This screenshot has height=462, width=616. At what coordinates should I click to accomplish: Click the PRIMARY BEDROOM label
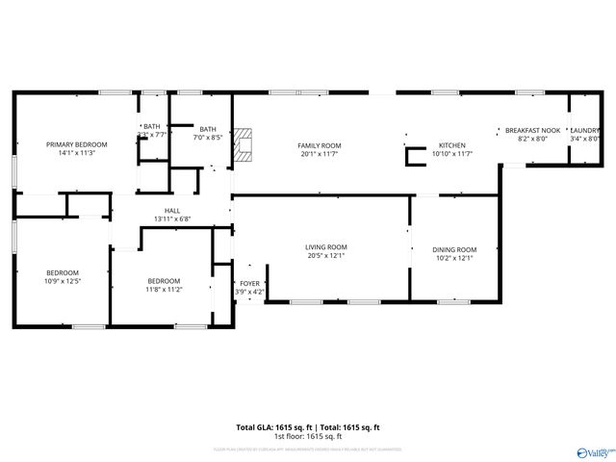(x=77, y=144)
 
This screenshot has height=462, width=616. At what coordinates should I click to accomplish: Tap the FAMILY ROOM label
(x=321, y=145)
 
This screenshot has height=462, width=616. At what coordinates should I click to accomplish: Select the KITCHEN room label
(x=452, y=145)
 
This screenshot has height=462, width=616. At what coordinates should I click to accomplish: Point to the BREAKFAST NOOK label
(x=533, y=130)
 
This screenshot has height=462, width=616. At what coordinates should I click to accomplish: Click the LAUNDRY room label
(x=585, y=130)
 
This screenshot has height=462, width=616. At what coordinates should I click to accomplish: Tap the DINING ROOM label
(x=453, y=249)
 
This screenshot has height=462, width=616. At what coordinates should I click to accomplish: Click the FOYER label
(x=249, y=284)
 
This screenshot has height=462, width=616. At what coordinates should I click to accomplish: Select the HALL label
(x=172, y=211)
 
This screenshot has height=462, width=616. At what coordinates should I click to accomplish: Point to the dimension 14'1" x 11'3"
(x=77, y=152)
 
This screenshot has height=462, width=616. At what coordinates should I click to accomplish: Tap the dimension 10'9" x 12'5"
(x=64, y=281)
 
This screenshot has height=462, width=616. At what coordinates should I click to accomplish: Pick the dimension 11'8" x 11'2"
(x=164, y=289)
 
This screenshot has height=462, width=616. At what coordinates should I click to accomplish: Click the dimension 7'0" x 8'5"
(x=208, y=138)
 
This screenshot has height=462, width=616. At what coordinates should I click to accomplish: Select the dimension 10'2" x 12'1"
(x=453, y=258)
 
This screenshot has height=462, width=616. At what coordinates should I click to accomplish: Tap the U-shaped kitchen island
(x=415, y=156)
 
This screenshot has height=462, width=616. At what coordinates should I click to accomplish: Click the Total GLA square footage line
(x=308, y=427)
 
